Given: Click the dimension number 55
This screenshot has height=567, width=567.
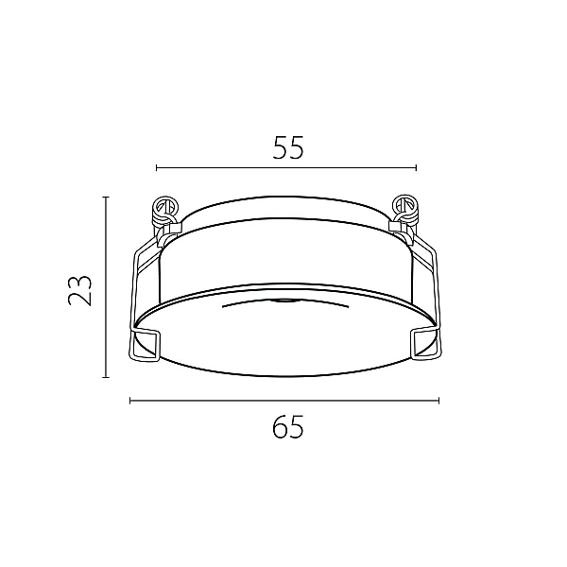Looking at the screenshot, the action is (x=288, y=147).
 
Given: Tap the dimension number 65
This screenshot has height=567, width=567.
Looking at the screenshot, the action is (x=288, y=427).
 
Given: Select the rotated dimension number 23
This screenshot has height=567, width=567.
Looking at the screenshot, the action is (x=80, y=291).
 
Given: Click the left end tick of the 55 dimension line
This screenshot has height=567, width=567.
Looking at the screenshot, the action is (x=157, y=168).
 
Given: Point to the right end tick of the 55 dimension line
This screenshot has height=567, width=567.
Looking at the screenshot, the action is (x=416, y=168).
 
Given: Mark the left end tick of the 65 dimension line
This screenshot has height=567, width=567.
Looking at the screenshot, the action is (x=130, y=401).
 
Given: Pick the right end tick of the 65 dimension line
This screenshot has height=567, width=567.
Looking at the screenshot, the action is (x=438, y=401).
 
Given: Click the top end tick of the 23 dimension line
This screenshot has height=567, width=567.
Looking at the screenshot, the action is (x=106, y=198).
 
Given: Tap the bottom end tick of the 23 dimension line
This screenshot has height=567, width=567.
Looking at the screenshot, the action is (x=106, y=377).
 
